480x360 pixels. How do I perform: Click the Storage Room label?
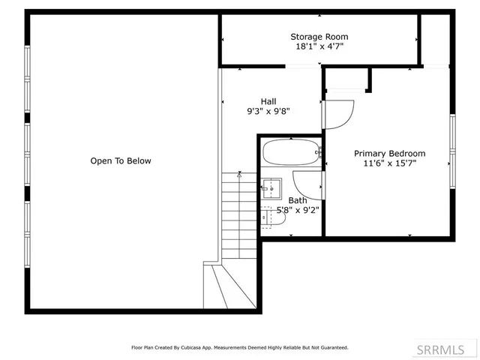[x=319, y=36]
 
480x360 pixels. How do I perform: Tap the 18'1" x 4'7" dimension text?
[x=319, y=46]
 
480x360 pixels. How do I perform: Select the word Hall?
[x=268, y=101]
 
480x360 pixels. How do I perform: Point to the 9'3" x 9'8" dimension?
[x=268, y=111]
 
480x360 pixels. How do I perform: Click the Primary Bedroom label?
[x=389, y=153]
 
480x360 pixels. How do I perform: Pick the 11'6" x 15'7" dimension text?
[x=389, y=163]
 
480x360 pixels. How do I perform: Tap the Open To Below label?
[x=121, y=160]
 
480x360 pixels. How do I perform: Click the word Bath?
[x=298, y=200]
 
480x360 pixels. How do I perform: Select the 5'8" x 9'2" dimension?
[x=298, y=210]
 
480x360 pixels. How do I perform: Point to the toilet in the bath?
[x=267, y=217]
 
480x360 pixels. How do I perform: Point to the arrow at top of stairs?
[x=239, y=174]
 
